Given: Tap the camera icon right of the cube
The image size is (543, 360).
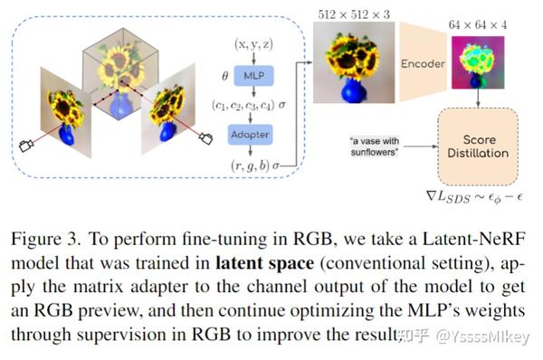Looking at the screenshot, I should (x=205, y=137).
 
